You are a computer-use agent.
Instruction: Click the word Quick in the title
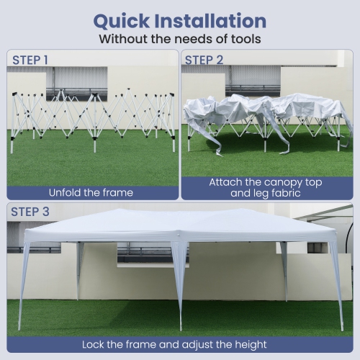click(x=121, y=22)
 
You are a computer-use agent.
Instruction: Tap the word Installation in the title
click(x=210, y=21)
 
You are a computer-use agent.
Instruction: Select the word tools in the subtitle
click(x=246, y=39)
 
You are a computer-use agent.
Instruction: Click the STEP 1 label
click(x=30, y=60)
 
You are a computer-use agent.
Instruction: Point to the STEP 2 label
click(x=204, y=60)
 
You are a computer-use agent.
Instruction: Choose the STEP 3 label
click(x=30, y=212)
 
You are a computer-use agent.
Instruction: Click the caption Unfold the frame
click(x=91, y=193)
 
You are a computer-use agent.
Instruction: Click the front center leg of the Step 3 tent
click(x=179, y=286)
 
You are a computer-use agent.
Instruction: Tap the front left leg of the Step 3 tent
click(x=24, y=286)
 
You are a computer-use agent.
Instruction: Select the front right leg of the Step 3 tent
click(x=337, y=286)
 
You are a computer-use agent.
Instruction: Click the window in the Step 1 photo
click(x=77, y=84)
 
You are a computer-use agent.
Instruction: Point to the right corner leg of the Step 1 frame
click(x=173, y=122)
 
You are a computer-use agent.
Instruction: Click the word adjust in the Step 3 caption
click(x=198, y=345)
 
